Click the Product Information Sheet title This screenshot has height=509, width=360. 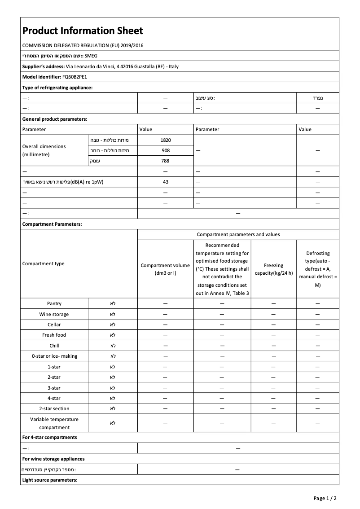(x=83, y=31)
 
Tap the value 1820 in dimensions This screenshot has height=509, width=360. (x=165, y=140)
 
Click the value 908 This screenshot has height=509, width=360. (x=165, y=150)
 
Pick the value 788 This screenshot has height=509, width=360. (x=165, y=161)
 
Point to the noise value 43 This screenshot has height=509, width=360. (x=165, y=182)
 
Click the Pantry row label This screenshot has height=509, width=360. (x=54, y=304)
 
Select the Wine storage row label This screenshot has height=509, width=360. (x=54, y=314)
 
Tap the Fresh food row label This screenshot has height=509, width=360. (x=54, y=335)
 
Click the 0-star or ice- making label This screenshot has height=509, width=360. (x=54, y=356)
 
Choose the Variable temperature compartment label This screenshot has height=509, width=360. (x=54, y=423)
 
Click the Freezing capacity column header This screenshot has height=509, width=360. (x=273, y=269)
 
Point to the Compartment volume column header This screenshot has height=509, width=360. (x=165, y=269)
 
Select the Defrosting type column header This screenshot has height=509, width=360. (x=317, y=269)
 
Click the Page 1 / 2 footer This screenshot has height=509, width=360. (x=325, y=498)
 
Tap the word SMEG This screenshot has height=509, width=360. (x=91, y=56)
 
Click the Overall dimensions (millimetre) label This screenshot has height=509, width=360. (x=44, y=150)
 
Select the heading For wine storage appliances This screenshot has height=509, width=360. (x=53, y=459)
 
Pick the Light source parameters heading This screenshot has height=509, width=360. (x=50, y=480)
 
